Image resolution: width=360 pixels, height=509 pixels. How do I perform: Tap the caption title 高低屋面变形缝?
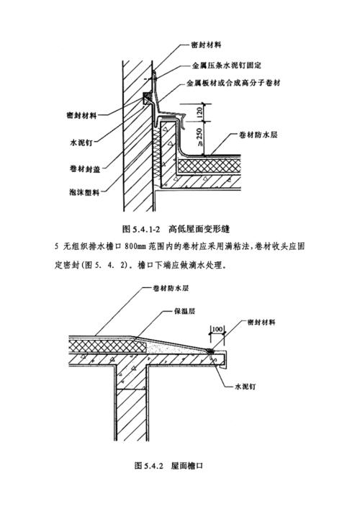(x=199, y=229)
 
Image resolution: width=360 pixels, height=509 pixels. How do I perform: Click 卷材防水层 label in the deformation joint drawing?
(x=262, y=135)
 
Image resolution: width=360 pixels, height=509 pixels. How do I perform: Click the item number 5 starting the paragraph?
(x=56, y=246)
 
